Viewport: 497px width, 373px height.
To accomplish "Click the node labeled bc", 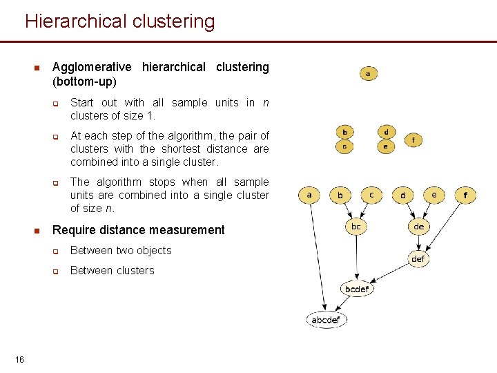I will coord(356,227).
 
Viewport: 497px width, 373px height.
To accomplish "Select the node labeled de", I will coord(418,227).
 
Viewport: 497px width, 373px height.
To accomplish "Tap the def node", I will coord(418,259).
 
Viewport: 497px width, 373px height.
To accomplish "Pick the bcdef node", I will coord(357,289).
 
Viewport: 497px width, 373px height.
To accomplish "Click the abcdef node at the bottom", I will coord(326,320).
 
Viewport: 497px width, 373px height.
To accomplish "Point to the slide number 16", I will coord(19,359).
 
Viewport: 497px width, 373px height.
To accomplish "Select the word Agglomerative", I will coord(92,67).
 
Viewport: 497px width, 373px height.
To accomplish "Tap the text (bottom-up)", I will coord(84,82).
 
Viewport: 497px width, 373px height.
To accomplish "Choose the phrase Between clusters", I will coord(113,270).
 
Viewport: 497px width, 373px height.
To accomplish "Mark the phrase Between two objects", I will coord(121,250).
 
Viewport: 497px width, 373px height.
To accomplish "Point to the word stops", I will coord(162,182).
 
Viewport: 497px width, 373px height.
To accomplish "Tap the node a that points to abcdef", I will coord(309,195).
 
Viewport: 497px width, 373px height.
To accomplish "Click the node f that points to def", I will coord(465,195).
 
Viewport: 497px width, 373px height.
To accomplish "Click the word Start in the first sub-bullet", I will coord(82,102).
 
